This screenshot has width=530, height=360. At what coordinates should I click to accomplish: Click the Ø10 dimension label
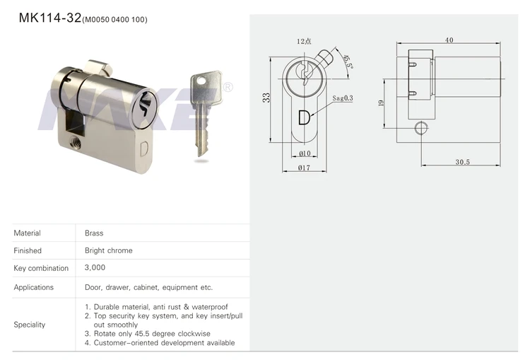point(305,153)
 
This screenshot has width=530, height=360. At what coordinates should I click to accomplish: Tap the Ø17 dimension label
point(305,168)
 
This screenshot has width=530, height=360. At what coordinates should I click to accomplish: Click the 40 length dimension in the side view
point(449,40)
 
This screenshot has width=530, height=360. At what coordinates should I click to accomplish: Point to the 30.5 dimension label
point(462,162)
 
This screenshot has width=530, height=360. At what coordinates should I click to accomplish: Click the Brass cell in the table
point(94,233)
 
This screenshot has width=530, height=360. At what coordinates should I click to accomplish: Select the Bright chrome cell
point(108,250)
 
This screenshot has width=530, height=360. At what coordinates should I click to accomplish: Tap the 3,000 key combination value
point(95,268)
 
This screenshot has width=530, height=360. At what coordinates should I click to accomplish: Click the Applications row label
point(33,287)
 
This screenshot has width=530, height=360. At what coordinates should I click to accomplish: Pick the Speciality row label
point(30,325)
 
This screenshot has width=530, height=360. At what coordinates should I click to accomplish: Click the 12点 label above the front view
point(304,42)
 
